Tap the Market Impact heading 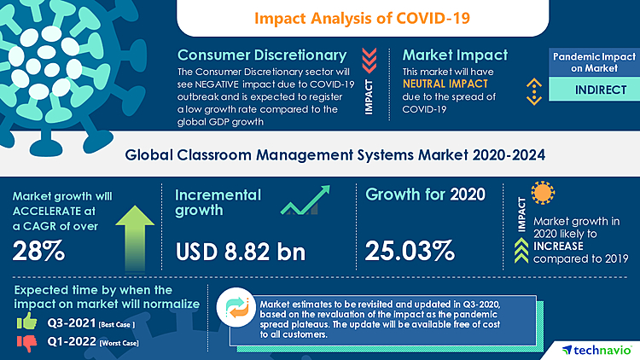click(455, 56)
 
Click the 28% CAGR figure click(38, 251)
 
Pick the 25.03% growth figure click(409, 251)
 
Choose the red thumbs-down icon click(28, 344)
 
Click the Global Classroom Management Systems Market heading click(320, 154)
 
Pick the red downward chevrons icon click(369, 58)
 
